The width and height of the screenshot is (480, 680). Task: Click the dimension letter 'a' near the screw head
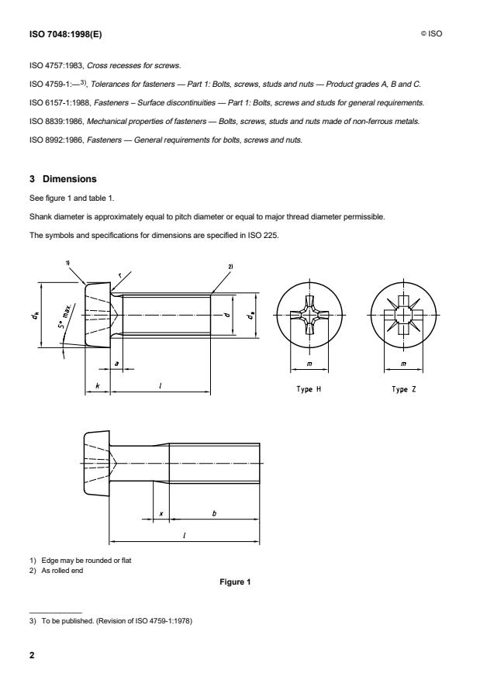116,361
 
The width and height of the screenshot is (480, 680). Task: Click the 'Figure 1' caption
239,583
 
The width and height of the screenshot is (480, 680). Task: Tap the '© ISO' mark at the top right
433,34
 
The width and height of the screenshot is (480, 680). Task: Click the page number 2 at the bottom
33,656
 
